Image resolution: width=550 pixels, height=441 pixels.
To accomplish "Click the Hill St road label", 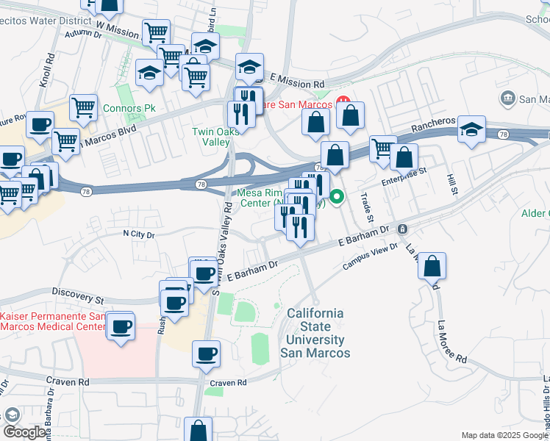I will click(451, 184).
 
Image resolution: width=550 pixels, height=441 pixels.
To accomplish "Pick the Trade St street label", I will click(365, 208).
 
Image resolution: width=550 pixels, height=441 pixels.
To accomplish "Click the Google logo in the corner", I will click(24, 432).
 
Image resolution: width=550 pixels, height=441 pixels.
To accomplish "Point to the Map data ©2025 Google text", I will click(504, 435).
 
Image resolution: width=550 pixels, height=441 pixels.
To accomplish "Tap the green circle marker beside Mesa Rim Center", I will click(337, 196).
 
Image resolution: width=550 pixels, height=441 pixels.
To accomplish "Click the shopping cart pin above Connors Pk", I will click(84, 107).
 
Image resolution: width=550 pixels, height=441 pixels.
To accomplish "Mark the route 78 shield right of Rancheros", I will click(503, 135).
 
